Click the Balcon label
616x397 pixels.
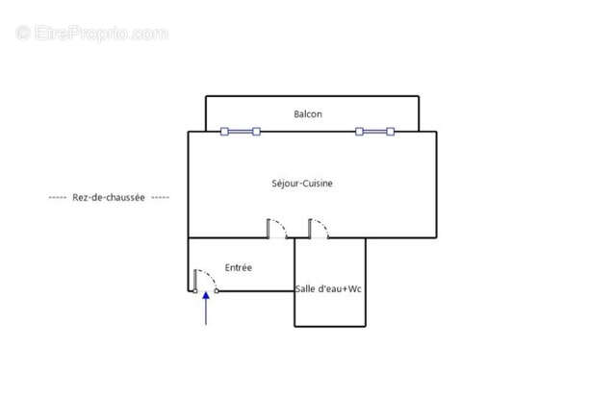click(308, 114)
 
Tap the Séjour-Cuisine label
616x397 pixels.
click(302, 184)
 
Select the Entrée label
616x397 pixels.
click(239, 267)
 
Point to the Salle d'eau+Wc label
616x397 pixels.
click(328, 288)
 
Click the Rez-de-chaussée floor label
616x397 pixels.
click(109, 197)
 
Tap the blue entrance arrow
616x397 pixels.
click(206, 309)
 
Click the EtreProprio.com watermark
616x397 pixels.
click(92, 33)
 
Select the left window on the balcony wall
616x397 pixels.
click(241, 132)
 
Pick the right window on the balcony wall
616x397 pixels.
click(374, 132)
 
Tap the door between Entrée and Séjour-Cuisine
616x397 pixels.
click(277, 229)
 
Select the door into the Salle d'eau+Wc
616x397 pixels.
click(319, 229)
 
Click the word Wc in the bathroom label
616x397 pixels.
click(355, 288)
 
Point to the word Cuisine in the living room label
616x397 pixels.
click(318, 184)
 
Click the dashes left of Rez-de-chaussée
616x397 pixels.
click(58, 197)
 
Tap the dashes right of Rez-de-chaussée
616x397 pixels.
click(161, 197)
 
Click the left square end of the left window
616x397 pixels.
click(224, 132)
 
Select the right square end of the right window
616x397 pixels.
click(391, 132)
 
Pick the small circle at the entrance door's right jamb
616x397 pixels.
click(217, 291)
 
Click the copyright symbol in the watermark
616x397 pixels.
click(23, 33)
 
